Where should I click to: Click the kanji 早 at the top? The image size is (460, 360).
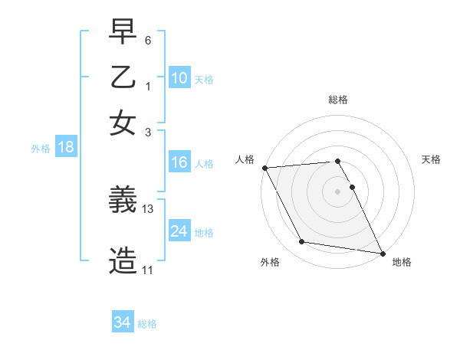click(123, 32)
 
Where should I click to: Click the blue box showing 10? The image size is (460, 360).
click(179, 78)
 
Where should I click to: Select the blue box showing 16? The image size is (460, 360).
click(179, 162)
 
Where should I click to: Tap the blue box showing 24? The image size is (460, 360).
click(179, 231)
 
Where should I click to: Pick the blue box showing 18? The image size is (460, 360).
click(65, 148)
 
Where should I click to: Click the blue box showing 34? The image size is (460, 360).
click(123, 322)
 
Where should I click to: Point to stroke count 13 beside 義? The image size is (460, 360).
click(148, 208)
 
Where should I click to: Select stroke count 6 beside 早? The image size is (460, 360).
click(148, 40)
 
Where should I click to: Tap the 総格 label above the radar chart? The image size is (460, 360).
click(337, 100)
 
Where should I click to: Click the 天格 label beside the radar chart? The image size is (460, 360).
click(432, 159)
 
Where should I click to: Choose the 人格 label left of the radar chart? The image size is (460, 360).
click(245, 159)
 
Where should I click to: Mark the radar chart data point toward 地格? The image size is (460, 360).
click(382, 253)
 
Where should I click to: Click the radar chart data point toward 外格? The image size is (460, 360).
click(302, 242)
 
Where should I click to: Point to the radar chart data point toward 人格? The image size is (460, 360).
click(264, 168)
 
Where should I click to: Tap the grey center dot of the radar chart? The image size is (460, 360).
click(337, 191)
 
